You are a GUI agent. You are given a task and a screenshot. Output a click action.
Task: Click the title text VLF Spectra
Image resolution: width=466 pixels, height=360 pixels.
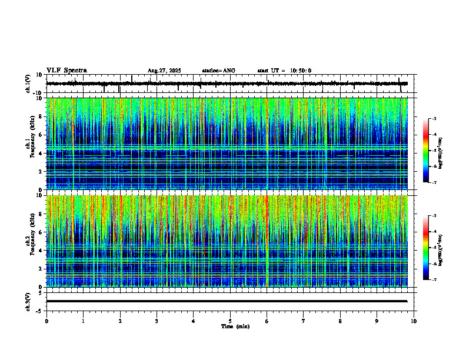66,71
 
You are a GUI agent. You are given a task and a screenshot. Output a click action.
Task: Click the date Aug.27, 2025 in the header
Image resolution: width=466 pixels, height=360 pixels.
164,71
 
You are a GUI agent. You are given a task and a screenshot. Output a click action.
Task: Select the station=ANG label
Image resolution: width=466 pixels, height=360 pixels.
218,71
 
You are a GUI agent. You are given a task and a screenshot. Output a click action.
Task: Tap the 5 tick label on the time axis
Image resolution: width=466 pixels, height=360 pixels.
230,321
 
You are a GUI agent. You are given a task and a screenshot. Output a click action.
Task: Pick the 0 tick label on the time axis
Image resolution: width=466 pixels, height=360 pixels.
46,321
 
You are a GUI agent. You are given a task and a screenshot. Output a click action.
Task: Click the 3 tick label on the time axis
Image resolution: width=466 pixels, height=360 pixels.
157,321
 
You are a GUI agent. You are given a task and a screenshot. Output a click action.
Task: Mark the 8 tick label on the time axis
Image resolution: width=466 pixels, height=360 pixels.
340,321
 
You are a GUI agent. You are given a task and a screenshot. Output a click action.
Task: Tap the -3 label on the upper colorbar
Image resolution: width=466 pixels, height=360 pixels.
434,119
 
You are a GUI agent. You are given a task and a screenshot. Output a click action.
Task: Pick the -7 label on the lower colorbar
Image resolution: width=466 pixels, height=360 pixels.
434,280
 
